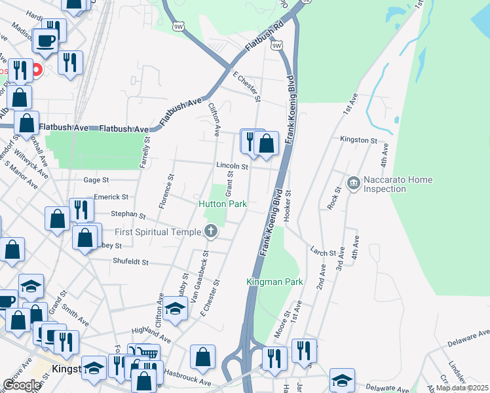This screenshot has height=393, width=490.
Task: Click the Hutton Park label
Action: click(x=223, y=204)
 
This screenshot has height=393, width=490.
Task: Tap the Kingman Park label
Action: click(x=274, y=282)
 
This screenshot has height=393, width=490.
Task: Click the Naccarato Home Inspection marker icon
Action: click(x=354, y=181)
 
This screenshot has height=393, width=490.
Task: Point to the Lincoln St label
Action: click(x=233, y=167)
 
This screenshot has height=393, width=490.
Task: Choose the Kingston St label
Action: click(x=358, y=140)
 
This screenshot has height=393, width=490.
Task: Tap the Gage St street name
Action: click(x=96, y=179)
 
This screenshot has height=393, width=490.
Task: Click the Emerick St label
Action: click(x=111, y=196)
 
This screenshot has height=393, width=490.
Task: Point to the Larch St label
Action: click(x=323, y=252)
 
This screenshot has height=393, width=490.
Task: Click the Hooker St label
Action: click(x=288, y=206)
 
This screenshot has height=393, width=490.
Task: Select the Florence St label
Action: click(x=165, y=191)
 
